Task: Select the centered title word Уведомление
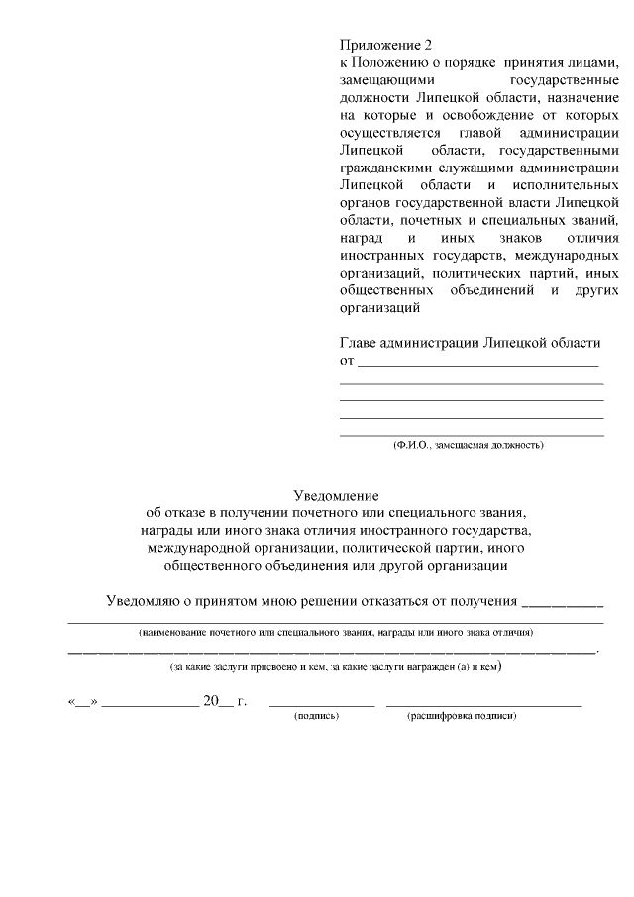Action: tap(337, 495)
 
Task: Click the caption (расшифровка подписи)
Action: tap(462, 714)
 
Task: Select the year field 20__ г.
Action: tap(224, 701)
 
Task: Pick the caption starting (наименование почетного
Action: tap(336, 631)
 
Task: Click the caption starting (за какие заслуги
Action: tap(336, 667)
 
